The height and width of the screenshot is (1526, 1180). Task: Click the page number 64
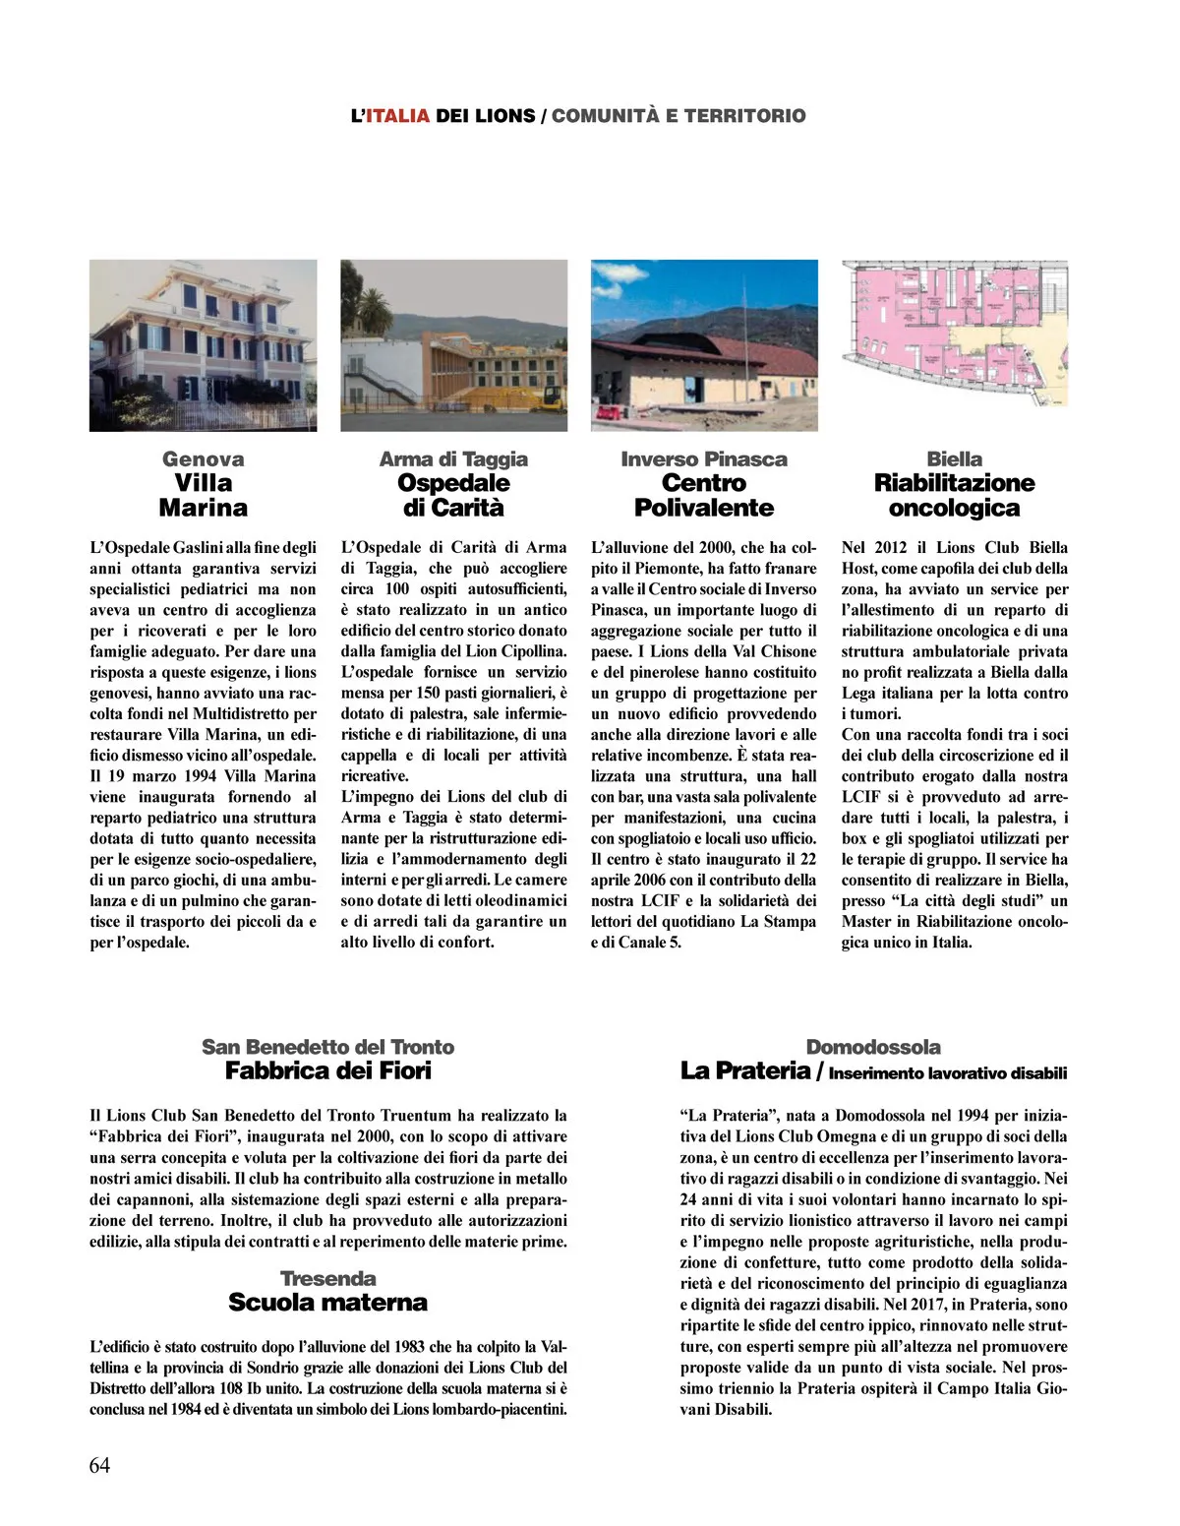[x=99, y=1465]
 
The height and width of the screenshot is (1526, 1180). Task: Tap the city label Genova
[x=203, y=458]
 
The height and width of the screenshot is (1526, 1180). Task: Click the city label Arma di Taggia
[x=453, y=458]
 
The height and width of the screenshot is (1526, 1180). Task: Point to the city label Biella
[x=954, y=458]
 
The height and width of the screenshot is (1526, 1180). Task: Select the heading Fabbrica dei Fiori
[x=328, y=1070]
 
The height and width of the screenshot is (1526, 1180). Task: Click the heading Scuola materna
[x=327, y=1302]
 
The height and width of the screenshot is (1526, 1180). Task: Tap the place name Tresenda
[x=327, y=1278]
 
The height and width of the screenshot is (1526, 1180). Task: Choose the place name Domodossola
[x=873, y=1047]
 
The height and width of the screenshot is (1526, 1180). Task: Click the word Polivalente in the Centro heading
[x=704, y=508]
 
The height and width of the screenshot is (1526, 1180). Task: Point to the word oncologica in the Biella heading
[x=954, y=508]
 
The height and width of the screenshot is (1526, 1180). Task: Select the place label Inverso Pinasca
[x=704, y=458]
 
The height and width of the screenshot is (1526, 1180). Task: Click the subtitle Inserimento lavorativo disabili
[x=948, y=1073]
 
